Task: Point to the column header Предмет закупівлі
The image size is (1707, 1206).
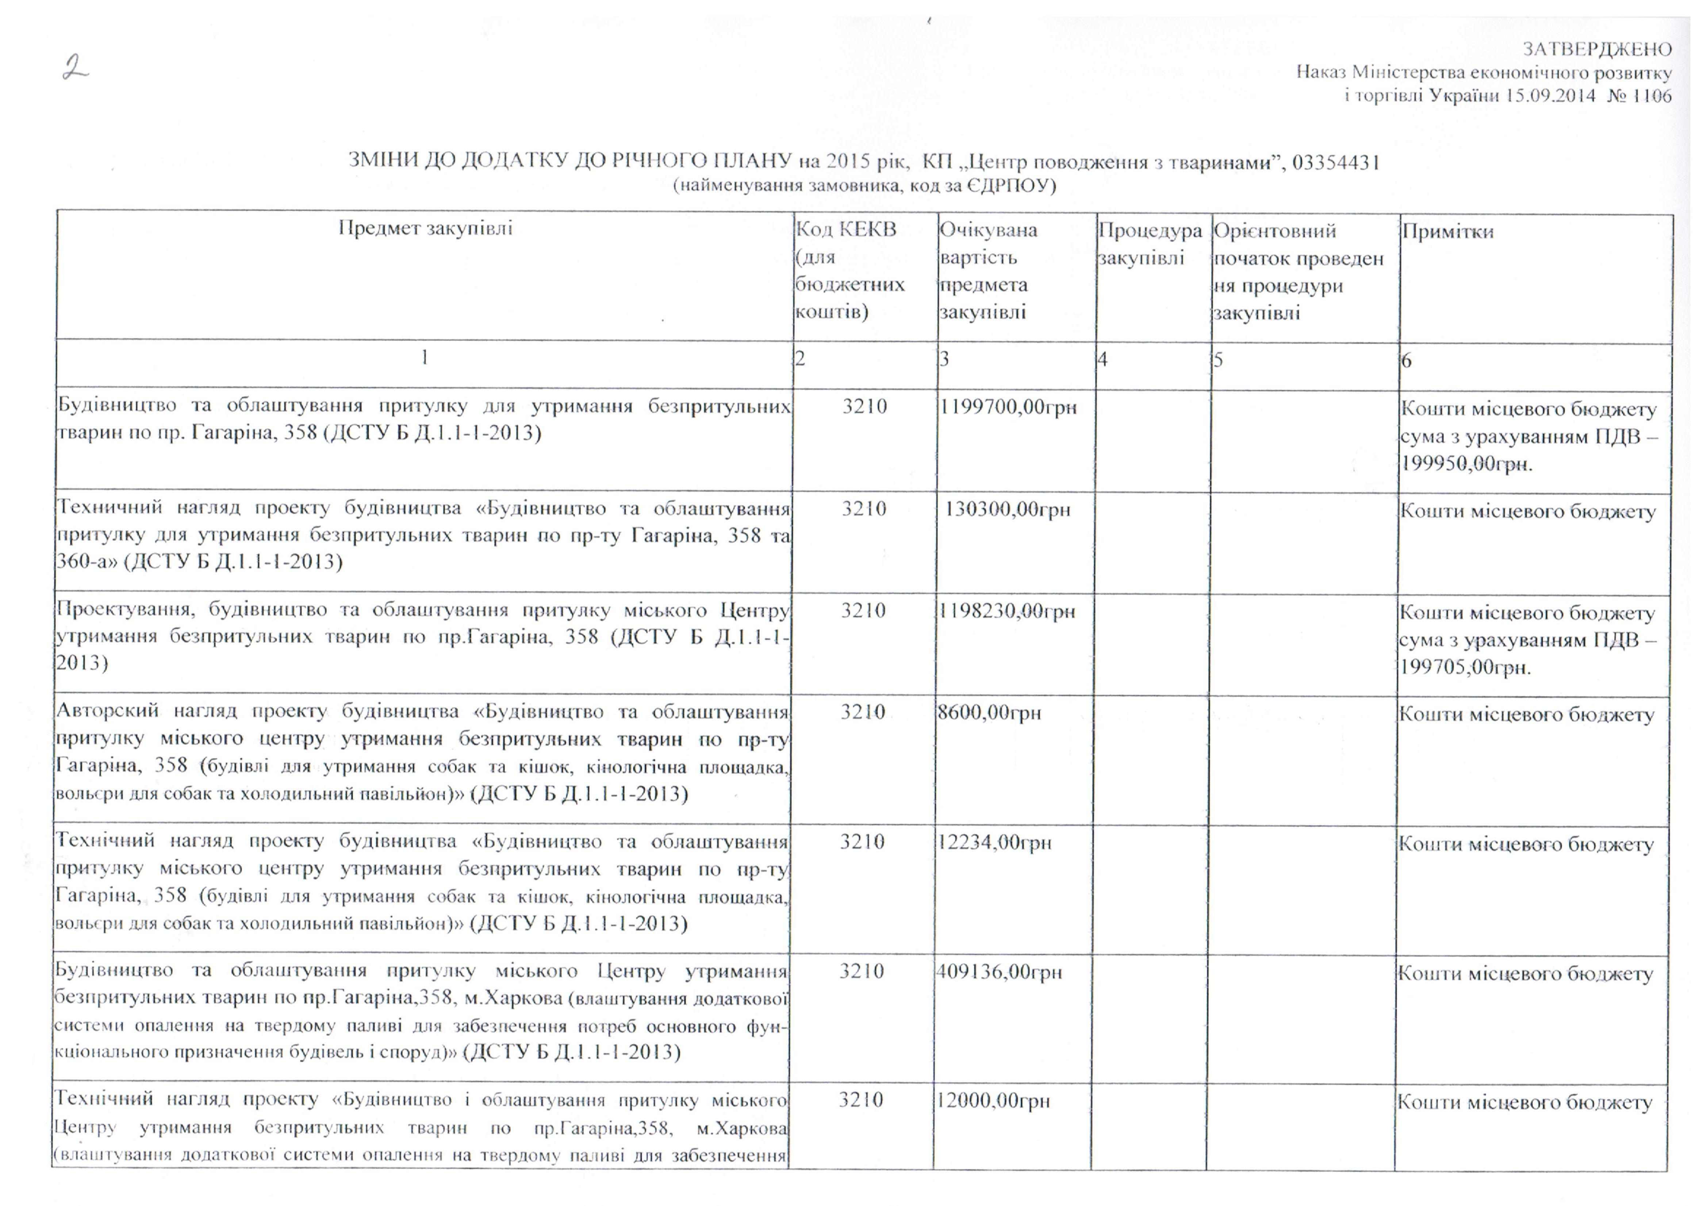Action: [425, 228]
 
